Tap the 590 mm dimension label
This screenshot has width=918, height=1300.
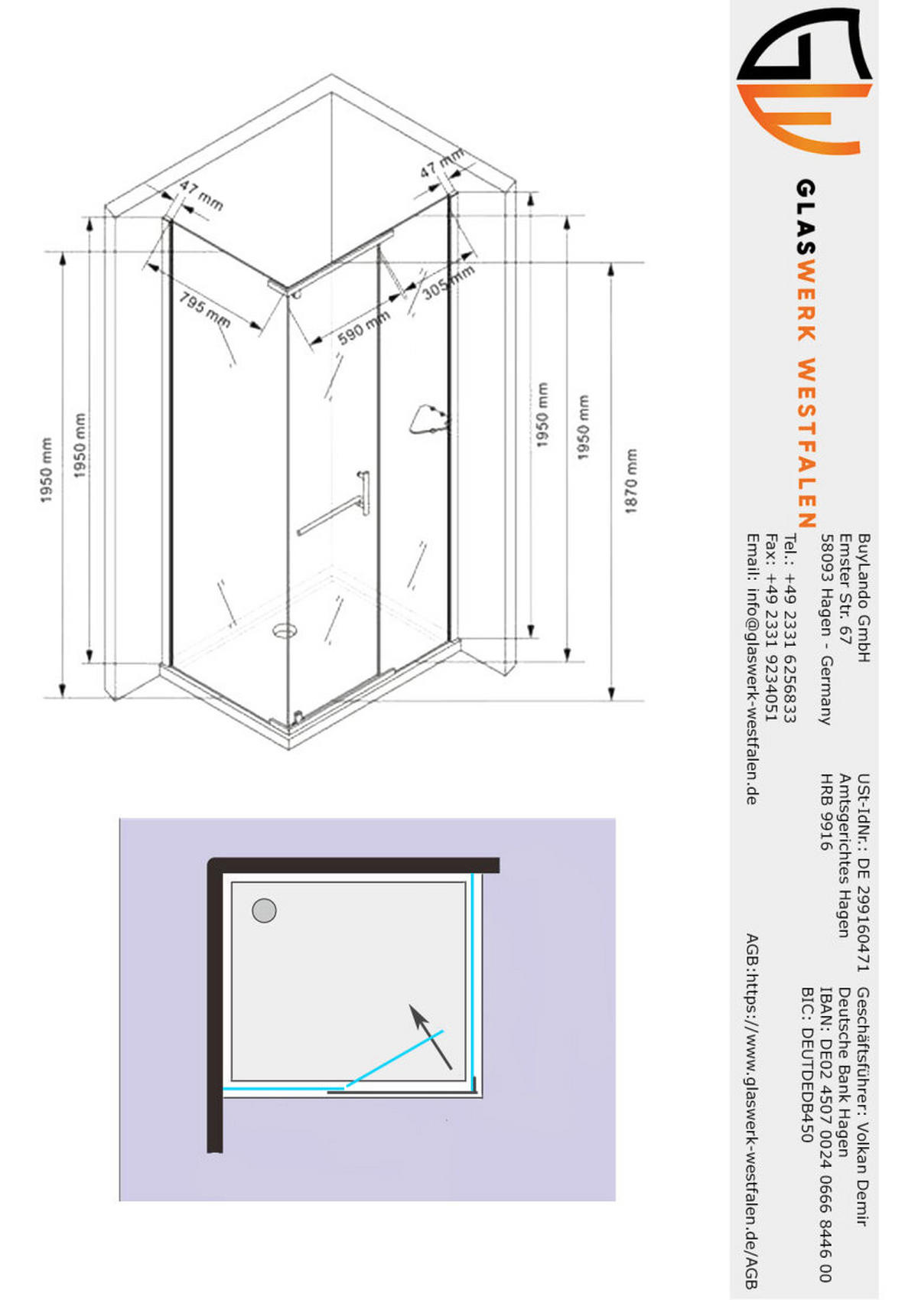point(363,327)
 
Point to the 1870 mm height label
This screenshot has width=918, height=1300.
point(631,481)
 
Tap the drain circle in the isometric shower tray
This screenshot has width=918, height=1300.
point(285,630)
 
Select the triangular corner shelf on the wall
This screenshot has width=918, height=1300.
point(428,420)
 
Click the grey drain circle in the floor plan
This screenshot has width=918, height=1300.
point(264,911)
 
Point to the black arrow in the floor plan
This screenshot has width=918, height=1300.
point(430,1036)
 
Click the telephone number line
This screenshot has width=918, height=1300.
point(789,628)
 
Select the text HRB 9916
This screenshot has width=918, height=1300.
point(825,812)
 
